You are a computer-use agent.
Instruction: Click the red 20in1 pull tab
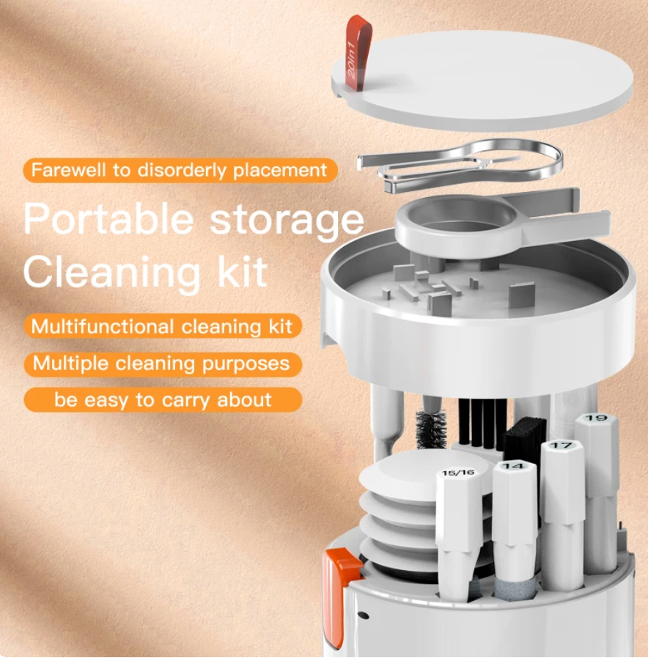pos(358,51)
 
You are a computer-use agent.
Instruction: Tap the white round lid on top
pos(482,81)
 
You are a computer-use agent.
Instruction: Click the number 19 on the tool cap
pos(596,418)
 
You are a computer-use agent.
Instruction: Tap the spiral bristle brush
pos(430,431)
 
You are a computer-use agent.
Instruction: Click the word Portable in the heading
pos(108,219)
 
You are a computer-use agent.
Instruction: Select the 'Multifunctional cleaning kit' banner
pos(163,326)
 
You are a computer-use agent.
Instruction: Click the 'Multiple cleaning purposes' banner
pos(163,363)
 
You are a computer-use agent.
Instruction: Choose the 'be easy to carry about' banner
pos(163,400)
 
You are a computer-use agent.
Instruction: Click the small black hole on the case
pos(364,616)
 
